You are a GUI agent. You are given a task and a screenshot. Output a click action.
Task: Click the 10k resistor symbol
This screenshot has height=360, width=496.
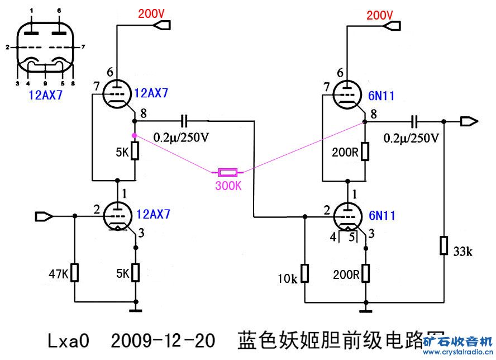[305, 273]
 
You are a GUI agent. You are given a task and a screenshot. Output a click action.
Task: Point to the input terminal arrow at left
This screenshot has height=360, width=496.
[42, 216]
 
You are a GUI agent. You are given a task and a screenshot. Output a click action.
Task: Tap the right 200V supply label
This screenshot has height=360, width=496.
[380, 15]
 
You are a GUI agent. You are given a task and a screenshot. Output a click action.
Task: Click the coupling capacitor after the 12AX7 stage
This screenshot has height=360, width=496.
[184, 121]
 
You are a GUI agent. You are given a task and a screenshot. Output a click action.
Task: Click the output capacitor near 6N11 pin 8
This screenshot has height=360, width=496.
[414, 121]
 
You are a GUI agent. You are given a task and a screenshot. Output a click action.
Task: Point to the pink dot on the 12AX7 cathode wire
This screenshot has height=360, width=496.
[134, 135]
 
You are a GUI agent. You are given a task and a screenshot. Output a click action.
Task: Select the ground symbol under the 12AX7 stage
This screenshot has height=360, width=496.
[135, 307]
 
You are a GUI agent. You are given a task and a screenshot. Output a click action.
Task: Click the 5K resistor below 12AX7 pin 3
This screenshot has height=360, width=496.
[135, 273]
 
